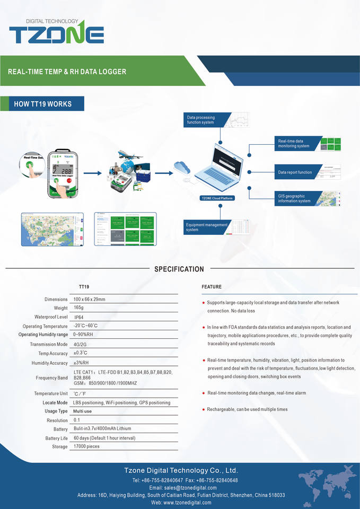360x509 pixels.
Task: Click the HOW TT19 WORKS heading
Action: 43,104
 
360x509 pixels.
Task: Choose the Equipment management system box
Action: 207,227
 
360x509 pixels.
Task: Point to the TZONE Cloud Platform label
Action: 217,198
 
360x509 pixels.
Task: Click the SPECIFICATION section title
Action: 179,269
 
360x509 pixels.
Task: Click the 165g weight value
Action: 78,308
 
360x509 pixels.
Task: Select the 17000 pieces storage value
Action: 86,446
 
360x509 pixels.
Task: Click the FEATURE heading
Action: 212,287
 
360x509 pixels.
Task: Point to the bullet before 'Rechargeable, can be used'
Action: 203,409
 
